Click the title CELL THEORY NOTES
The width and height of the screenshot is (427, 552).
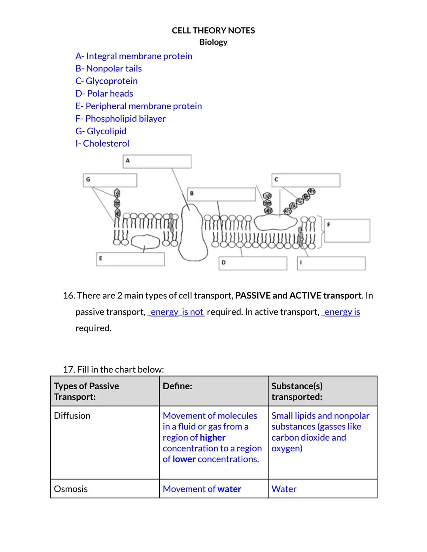pyautogui.click(x=213, y=30)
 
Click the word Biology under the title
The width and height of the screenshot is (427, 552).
pyautogui.click(x=213, y=42)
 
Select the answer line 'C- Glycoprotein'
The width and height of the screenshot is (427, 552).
pyautogui.click(x=106, y=81)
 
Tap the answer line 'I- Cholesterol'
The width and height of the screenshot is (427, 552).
pyautogui.click(x=102, y=143)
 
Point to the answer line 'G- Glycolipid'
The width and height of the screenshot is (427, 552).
pyautogui.click(x=101, y=131)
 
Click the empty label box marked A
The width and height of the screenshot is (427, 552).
pyautogui.click(x=157, y=161)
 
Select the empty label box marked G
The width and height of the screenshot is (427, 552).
pyautogui.click(x=110, y=180)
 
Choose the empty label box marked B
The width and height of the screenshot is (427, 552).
pyautogui.click(x=221, y=194)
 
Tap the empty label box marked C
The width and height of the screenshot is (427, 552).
pyautogui.click(x=306, y=180)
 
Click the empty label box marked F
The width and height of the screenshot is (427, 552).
pyautogui.click(x=347, y=231)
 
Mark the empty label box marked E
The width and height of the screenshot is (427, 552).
pyautogui.click(x=130, y=259)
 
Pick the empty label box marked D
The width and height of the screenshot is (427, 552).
pyautogui.click(x=253, y=264)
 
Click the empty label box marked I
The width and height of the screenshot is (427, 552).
pyautogui.click(x=331, y=264)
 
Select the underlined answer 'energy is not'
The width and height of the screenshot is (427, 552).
pyautogui.click(x=177, y=312)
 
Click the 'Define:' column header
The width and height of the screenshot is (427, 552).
pyautogui.click(x=177, y=386)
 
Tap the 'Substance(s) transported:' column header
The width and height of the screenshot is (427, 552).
pyautogui.click(x=297, y=391)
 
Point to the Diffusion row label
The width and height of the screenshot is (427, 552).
pyautogui.click(x=72, y=416)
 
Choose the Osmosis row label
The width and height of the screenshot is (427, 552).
pyautogui.click(x=71, y=489)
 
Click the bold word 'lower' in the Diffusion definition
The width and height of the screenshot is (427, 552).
pyautogui.click(x=184, y=459)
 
